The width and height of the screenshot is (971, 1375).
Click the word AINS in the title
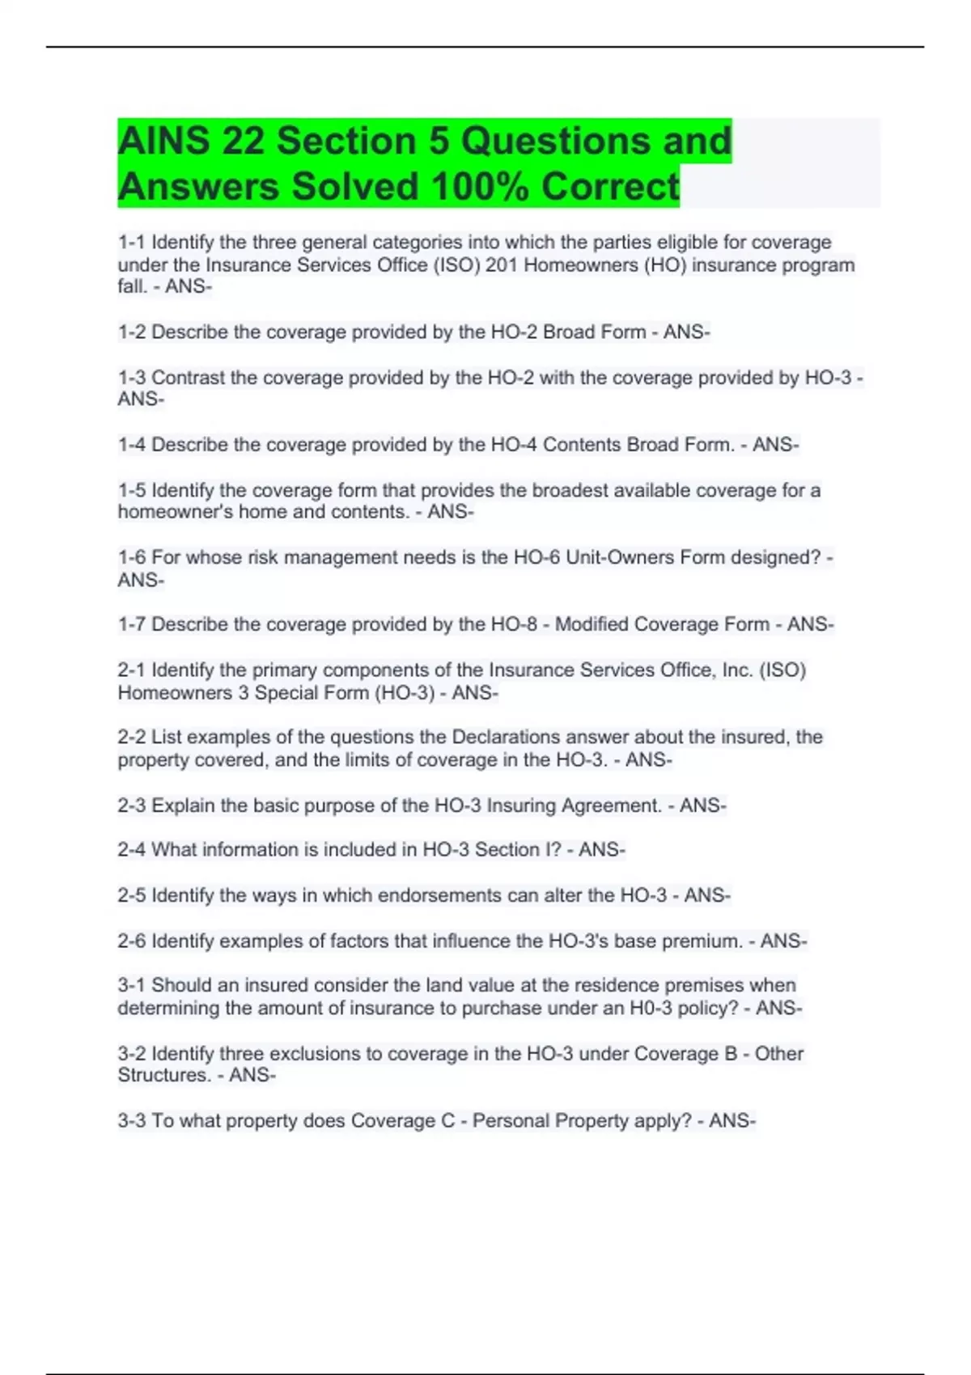(x=164, y=142)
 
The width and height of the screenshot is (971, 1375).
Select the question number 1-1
(x=132, y=243)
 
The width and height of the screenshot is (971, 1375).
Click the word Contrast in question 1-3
(x=188, y=378)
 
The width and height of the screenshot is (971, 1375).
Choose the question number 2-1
(x=132, y=670)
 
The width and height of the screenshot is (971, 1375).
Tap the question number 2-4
(x=132, y=849)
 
